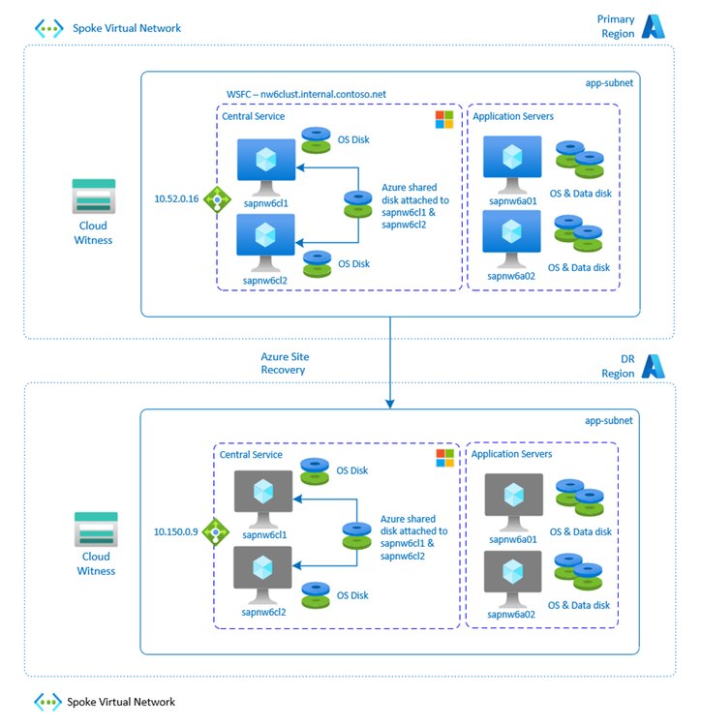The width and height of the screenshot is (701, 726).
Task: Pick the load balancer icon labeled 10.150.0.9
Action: tap(214, 531)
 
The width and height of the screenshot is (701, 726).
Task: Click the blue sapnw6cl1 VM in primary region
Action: tap(266, 161)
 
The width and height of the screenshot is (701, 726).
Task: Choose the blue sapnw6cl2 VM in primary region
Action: tap(266, 236)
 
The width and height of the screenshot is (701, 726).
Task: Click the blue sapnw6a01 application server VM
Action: tap(511, 159)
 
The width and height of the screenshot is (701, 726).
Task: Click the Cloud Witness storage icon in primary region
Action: tap(94, 197)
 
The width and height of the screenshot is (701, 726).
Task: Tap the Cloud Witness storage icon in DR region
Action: tap(94, 529)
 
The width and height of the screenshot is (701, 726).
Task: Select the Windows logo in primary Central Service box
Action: tap(443, 119)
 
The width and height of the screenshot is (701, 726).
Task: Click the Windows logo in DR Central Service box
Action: tap(443, 456)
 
